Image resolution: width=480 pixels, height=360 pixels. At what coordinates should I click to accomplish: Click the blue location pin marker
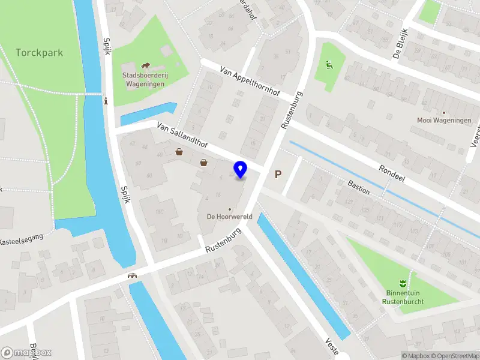(241, 169)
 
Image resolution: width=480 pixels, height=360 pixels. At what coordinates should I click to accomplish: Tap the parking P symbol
(278, 175)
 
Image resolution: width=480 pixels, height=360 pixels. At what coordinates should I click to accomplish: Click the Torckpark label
(40, 53)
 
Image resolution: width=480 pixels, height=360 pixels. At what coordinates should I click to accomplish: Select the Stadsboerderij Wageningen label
(145, 80)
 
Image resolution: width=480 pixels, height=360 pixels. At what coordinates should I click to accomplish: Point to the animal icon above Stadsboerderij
(145, 65)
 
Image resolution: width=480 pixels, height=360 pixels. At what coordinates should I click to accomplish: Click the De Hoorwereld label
(229, 217)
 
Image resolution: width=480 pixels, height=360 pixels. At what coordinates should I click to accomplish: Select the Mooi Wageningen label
(444, 120)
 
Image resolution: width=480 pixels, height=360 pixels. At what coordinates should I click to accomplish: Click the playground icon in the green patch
(328, 65)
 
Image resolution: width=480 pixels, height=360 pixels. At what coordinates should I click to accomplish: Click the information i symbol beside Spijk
(106, 100)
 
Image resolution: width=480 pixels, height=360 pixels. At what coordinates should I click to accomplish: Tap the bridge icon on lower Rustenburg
(132, 276)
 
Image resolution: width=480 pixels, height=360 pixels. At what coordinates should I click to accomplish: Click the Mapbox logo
(26, 353)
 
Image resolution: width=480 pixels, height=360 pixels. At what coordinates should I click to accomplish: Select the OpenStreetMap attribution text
(455, 356)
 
